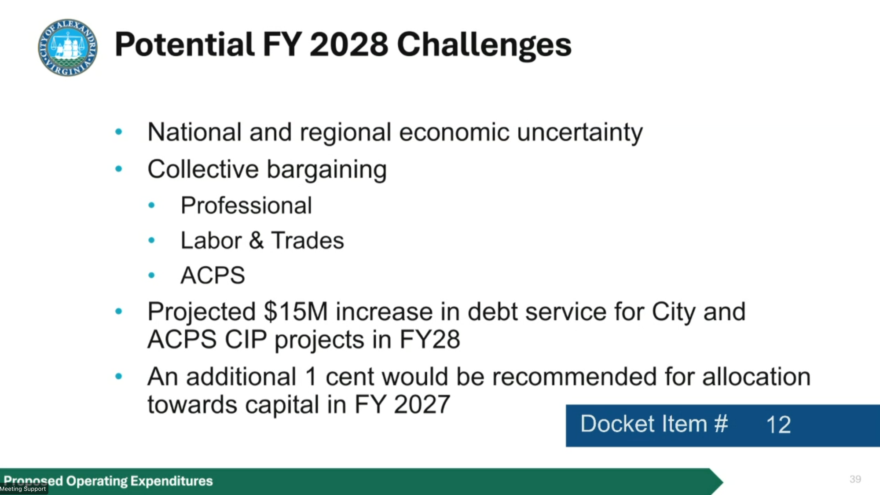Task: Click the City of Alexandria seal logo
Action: click(68, 48)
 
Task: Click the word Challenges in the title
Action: click(484, 45)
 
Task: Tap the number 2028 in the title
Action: click(349, 44)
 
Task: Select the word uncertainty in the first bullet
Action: click(580, 132)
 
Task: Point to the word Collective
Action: click(203, 169)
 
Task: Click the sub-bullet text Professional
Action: click(246, 205)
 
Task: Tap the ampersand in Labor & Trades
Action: click(256, 241)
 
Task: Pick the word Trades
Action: click(308, 241)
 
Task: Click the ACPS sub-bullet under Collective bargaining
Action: click(213, 275)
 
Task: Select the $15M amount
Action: click(296, 312)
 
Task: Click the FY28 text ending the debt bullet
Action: click(429, 339)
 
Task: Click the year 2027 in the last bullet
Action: click(422, 404)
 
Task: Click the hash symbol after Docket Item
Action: click(721, 424)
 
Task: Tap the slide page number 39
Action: click(855, 479)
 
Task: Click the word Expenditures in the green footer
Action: click(172, 481)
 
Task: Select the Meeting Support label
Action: click(23, 489)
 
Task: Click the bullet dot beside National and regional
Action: click(118, 132)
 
